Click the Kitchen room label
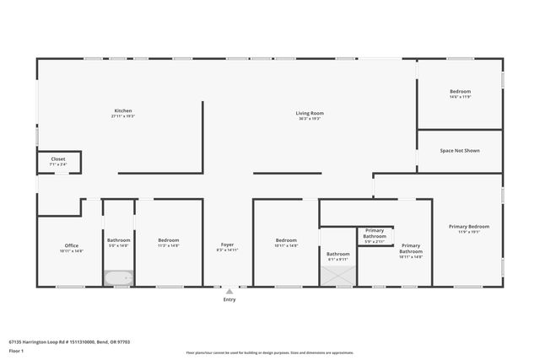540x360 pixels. coord(123,110)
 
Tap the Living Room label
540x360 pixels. coord(310,113)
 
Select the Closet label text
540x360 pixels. coord(58,159)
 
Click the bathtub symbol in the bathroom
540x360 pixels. coord(118,277)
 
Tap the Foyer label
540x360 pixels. coord(227,244)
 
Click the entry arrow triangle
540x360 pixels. coord(229,291)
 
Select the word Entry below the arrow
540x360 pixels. coord(229,299)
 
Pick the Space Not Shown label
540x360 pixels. coord(460,151)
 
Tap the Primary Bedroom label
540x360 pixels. coord(469,226)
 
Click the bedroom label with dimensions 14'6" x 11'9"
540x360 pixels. coord(460,91)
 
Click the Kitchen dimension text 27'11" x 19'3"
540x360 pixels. coord(123,116)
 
